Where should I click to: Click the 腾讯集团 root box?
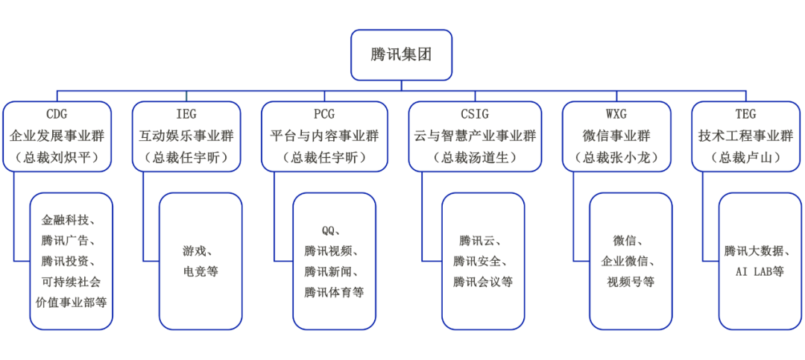401,54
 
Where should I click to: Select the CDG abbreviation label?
57,114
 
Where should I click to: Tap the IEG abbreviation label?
186,114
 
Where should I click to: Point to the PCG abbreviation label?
324,114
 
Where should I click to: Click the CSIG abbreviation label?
475,114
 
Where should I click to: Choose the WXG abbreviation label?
616,114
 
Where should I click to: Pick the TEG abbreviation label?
745,114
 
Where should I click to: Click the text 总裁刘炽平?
57,157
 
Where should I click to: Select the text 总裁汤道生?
475,157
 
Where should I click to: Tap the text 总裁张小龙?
616,157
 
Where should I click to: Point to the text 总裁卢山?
745,157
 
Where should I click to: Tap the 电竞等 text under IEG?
201,271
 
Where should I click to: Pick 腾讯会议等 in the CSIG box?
483,282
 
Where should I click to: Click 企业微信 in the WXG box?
631,262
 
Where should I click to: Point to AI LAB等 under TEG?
760,271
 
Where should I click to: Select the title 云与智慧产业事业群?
475,136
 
